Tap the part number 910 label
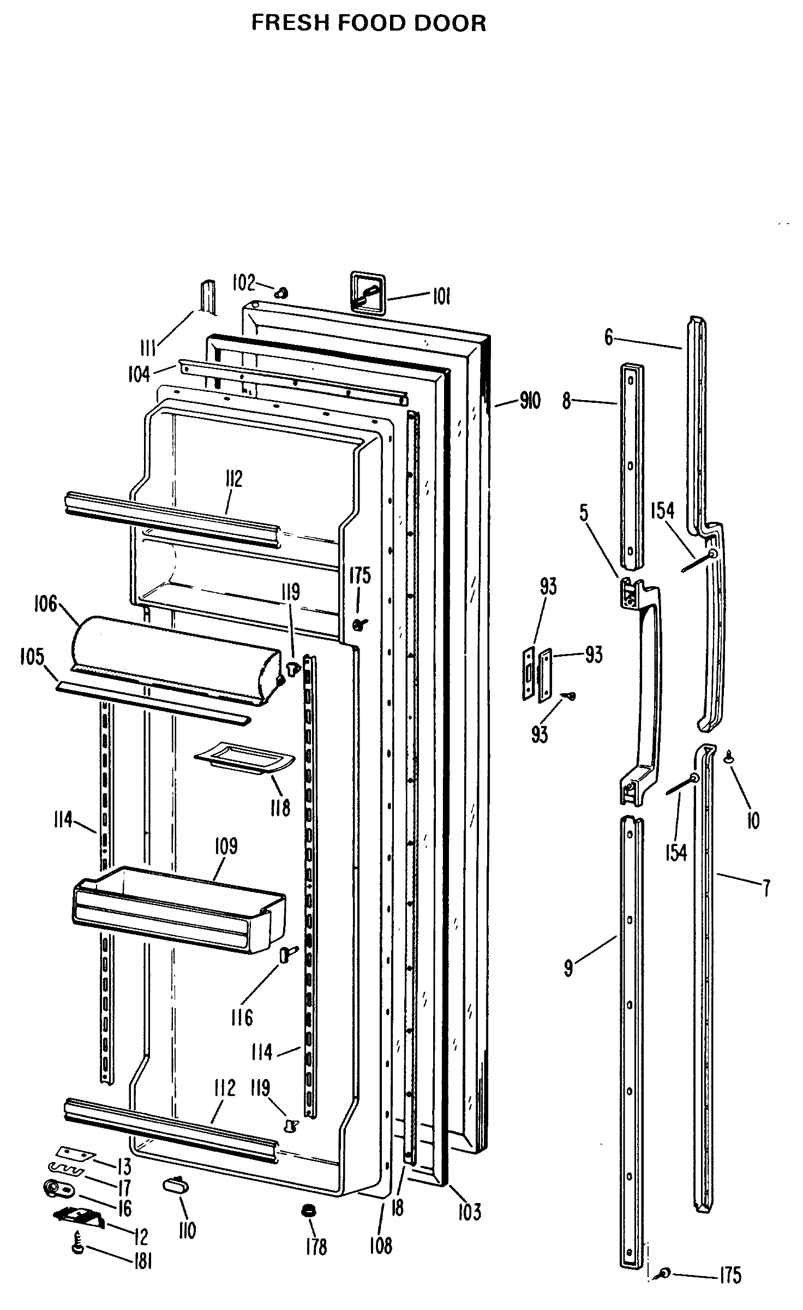pyautogui.click(x=529, y=401)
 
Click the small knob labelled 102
pyautogui.click(x=282, y=293)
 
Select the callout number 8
pyautogui.click(x=567, y=401)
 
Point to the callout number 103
pyautogui.click(x=469, y=1196)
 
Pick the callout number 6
pyautogui.click(x=609, y=337)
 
